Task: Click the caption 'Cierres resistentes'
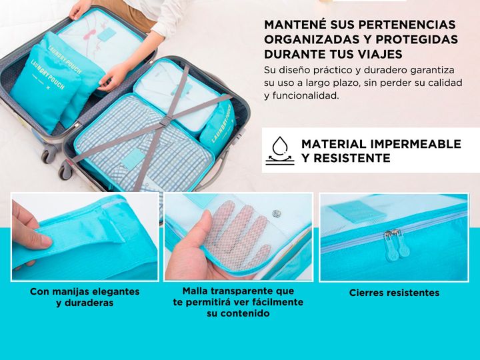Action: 394,293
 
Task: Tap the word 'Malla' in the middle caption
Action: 197,291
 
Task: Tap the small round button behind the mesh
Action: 277,213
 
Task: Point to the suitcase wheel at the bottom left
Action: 49,156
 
